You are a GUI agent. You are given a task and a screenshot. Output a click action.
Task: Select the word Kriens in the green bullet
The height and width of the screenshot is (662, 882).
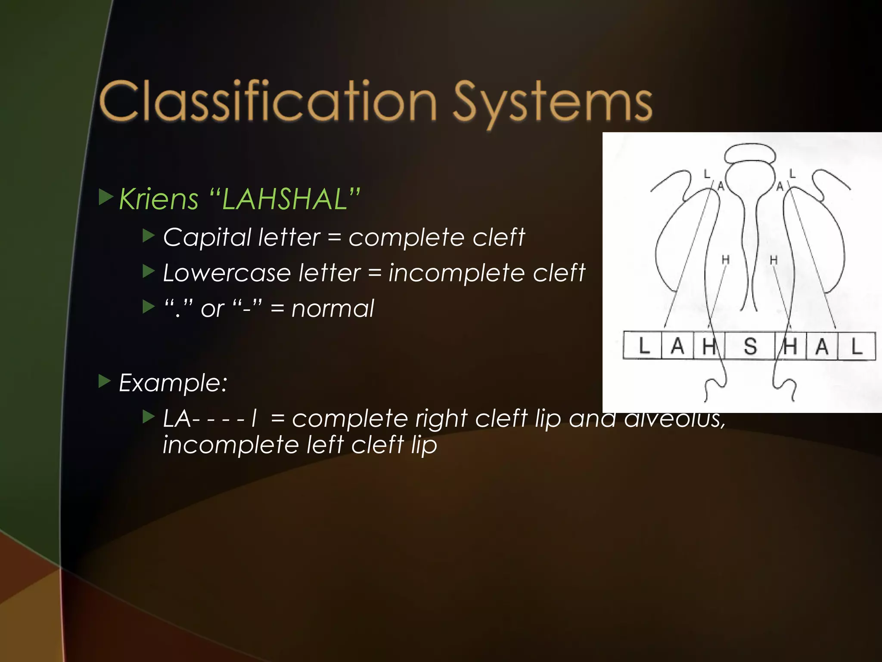pos(158,199)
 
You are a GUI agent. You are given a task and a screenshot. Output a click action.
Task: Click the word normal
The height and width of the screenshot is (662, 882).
pos(332,309)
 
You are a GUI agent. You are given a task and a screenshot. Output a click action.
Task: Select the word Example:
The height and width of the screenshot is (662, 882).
pos(173,383)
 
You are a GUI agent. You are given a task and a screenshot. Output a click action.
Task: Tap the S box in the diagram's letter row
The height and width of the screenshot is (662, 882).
pos(750,346)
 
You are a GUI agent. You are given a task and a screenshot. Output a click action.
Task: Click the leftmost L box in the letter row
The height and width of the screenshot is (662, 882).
pos(643,346)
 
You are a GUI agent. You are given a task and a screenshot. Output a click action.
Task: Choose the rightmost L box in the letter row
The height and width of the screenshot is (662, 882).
pos(857,346)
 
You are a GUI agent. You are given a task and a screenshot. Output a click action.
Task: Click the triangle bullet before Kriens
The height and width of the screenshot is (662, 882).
pos(106,197)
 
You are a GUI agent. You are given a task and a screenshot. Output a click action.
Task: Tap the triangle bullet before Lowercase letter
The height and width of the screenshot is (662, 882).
pos(149,272)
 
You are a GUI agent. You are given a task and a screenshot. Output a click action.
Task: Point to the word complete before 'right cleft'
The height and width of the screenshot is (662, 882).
pos(349,419)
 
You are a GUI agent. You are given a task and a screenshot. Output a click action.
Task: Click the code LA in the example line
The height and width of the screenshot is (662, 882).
pos(177,419)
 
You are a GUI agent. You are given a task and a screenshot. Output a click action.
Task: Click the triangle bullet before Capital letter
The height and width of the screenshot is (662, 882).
pos(149,236)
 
